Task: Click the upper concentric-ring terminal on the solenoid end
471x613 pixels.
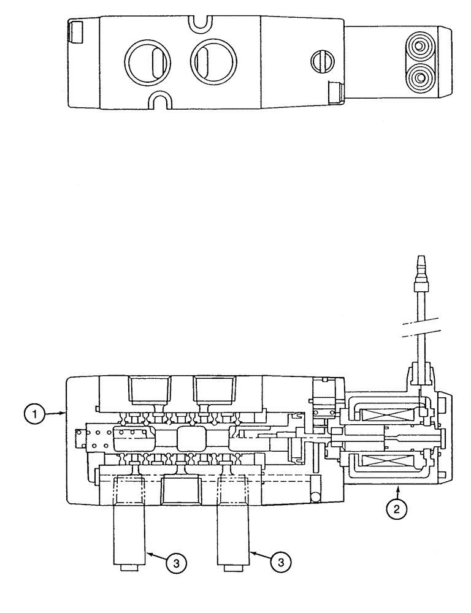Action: click(x=421, y=46)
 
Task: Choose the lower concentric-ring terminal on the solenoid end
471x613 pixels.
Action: click(x=421, y=77)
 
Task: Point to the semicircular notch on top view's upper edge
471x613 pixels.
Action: click(x=199, y=23)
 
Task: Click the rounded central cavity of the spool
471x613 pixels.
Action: click(x=193, y=440)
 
